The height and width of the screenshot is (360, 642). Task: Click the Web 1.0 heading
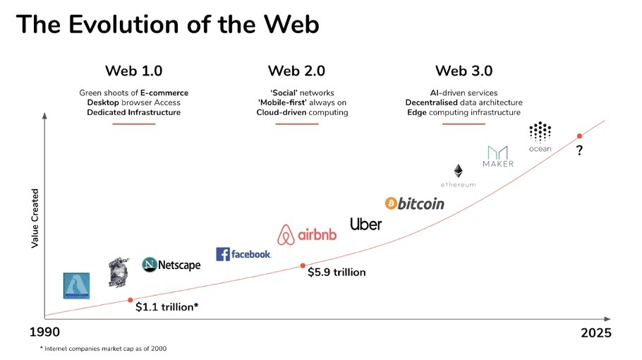[133, 71]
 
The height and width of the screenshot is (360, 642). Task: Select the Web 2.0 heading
[296, 71]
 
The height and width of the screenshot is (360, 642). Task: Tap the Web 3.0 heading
[464, 71]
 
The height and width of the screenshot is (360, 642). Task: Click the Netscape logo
[171, 265]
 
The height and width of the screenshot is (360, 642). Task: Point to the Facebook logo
[243, 254]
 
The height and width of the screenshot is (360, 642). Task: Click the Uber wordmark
[365, 224]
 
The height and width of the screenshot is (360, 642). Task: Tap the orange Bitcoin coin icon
[392, 203]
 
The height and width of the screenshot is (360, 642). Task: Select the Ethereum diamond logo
[458, 171]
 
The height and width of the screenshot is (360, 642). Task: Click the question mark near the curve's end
[579, 150]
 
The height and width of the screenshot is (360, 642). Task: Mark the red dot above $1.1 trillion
[131, 299]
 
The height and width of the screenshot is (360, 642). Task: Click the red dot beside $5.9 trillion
[303, 265]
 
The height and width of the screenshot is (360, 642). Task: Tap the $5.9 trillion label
[337, 272]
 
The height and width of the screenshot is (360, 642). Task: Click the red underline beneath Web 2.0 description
[296, 124]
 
